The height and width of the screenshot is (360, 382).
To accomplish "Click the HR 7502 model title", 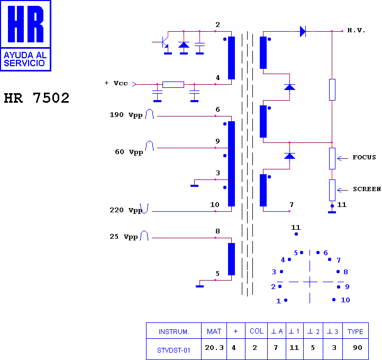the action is pos(37,98).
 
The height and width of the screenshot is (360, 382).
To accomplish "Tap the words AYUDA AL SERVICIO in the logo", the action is pos(25,59).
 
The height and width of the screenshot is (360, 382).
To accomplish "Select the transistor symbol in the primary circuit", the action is pos(163,42).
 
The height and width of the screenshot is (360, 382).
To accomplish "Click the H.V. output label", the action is pos(356,31).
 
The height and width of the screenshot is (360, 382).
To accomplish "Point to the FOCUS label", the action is pos(364,157).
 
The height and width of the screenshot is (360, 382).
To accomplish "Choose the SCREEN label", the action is pos(367,189).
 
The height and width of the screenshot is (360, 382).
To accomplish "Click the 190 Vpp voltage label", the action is pos(126,115).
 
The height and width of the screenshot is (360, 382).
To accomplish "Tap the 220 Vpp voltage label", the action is pos(126,210).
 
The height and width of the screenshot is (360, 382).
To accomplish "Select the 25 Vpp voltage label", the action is pos(123,237).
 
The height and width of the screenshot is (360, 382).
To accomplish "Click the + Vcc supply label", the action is pos(116,83).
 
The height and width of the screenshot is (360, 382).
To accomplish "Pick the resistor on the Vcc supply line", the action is pos(173,85).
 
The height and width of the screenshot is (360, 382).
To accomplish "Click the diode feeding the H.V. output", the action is pos(303,31).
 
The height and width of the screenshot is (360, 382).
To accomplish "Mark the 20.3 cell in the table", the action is pos(214,348).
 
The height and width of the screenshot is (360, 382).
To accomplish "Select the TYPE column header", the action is pos(355,332).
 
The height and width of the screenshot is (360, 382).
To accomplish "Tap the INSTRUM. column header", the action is pos(174,332).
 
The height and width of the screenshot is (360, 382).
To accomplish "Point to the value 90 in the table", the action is pos(357,348).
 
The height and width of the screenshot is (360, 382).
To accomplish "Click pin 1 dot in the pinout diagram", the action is pos(286,300).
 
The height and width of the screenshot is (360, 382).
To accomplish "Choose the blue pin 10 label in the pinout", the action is pos(345,300).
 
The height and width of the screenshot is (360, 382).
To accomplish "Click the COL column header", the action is pos(257,331).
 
